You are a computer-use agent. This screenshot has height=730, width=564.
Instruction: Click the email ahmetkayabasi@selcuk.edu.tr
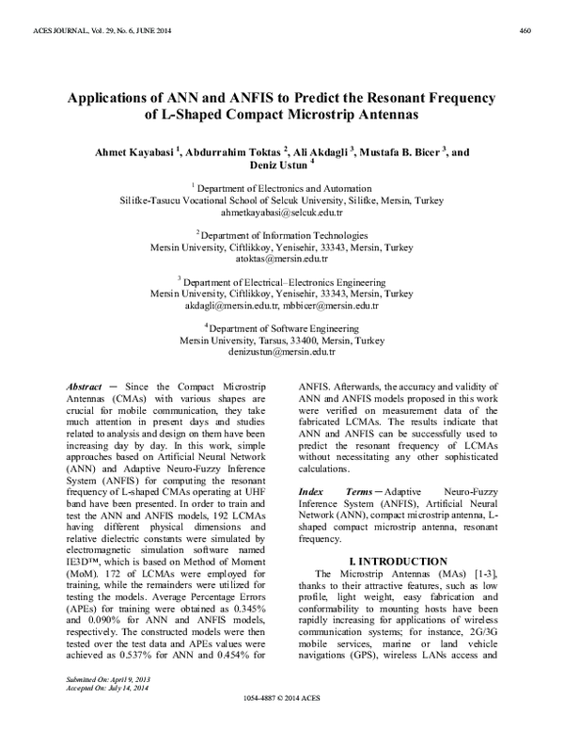pyautogui.click(x=282, y=214)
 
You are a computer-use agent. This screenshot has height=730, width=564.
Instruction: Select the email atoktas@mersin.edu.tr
pyautogui.click(x=282, y=259)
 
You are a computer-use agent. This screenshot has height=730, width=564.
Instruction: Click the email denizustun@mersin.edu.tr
pyautogui.click(x=282, y=351)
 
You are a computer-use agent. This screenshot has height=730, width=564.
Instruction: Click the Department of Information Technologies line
pyautogui.click(x=282, y=235)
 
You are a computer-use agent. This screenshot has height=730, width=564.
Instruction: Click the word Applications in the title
pyautogui.click(x=111, y=99)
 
